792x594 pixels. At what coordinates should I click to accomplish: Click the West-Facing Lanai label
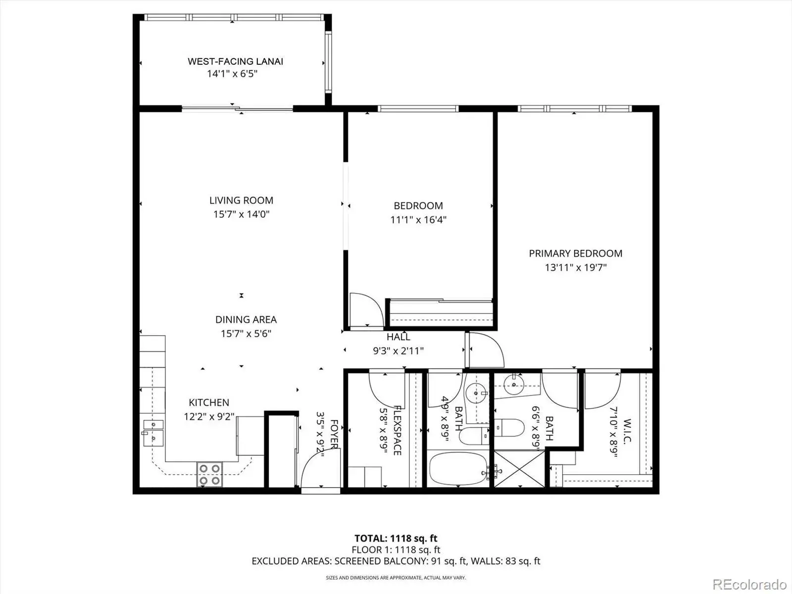[235, 61]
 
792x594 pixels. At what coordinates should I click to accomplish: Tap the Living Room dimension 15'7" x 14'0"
[242, 214]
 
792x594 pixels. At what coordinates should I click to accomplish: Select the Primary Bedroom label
[576, 253]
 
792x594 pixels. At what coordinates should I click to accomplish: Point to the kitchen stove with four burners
[210, 475]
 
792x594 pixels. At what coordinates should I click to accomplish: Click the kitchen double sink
[153, 433]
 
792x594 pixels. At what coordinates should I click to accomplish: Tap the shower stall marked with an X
[519, 469]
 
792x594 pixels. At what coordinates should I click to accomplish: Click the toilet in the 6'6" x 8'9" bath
[509, 428]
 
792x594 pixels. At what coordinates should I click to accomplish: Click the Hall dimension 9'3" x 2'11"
[398, 351]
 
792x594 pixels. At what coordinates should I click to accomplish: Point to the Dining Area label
[246, 320]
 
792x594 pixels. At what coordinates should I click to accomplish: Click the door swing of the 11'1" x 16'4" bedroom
[366, 310]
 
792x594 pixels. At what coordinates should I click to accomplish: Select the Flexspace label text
[397, 430]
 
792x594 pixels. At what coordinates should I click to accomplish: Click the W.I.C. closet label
[627, 431]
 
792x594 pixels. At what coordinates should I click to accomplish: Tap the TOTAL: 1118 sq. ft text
[396, 539]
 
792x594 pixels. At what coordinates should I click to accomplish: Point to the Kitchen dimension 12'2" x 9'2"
[209, 417]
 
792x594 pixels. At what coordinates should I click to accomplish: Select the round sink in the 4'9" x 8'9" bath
[476, 393]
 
